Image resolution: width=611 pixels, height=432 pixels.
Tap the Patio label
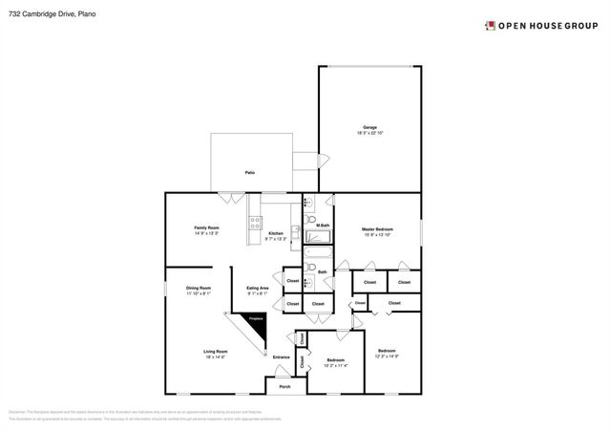249,172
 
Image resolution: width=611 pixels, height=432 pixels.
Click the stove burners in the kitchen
255,224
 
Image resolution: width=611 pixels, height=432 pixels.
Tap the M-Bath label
323,226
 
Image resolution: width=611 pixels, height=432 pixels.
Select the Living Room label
215,353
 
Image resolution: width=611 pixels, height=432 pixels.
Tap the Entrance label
281,357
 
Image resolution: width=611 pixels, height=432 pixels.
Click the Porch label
284,387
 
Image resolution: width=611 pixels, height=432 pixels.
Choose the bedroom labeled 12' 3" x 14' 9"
387,353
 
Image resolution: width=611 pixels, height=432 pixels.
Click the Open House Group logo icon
489,26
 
